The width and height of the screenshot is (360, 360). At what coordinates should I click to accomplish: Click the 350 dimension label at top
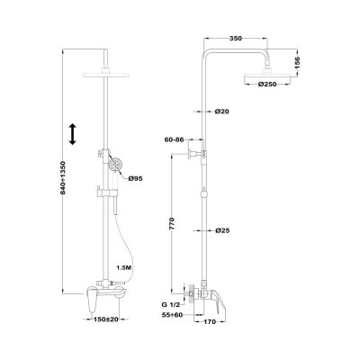[x=236, y=39]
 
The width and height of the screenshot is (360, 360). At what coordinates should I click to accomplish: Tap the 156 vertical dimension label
[x=297, y=62]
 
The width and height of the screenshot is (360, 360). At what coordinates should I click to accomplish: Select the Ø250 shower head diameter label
[x=267, y=85]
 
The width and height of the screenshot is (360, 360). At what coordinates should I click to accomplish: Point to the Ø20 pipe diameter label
[x=222, y=112]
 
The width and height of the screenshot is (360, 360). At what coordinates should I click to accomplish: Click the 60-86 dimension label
[x=175, y=139]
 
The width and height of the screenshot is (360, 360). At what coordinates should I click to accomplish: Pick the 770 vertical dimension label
[x=172, y=224]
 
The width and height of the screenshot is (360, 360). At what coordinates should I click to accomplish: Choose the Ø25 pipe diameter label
[x=222, y=230]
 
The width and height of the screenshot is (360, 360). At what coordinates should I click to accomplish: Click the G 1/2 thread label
[x=171, y=305]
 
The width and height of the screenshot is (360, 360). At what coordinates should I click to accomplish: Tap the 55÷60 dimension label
[x=172, y=315]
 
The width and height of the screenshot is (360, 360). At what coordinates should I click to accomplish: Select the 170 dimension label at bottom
[x=210, y=322]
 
